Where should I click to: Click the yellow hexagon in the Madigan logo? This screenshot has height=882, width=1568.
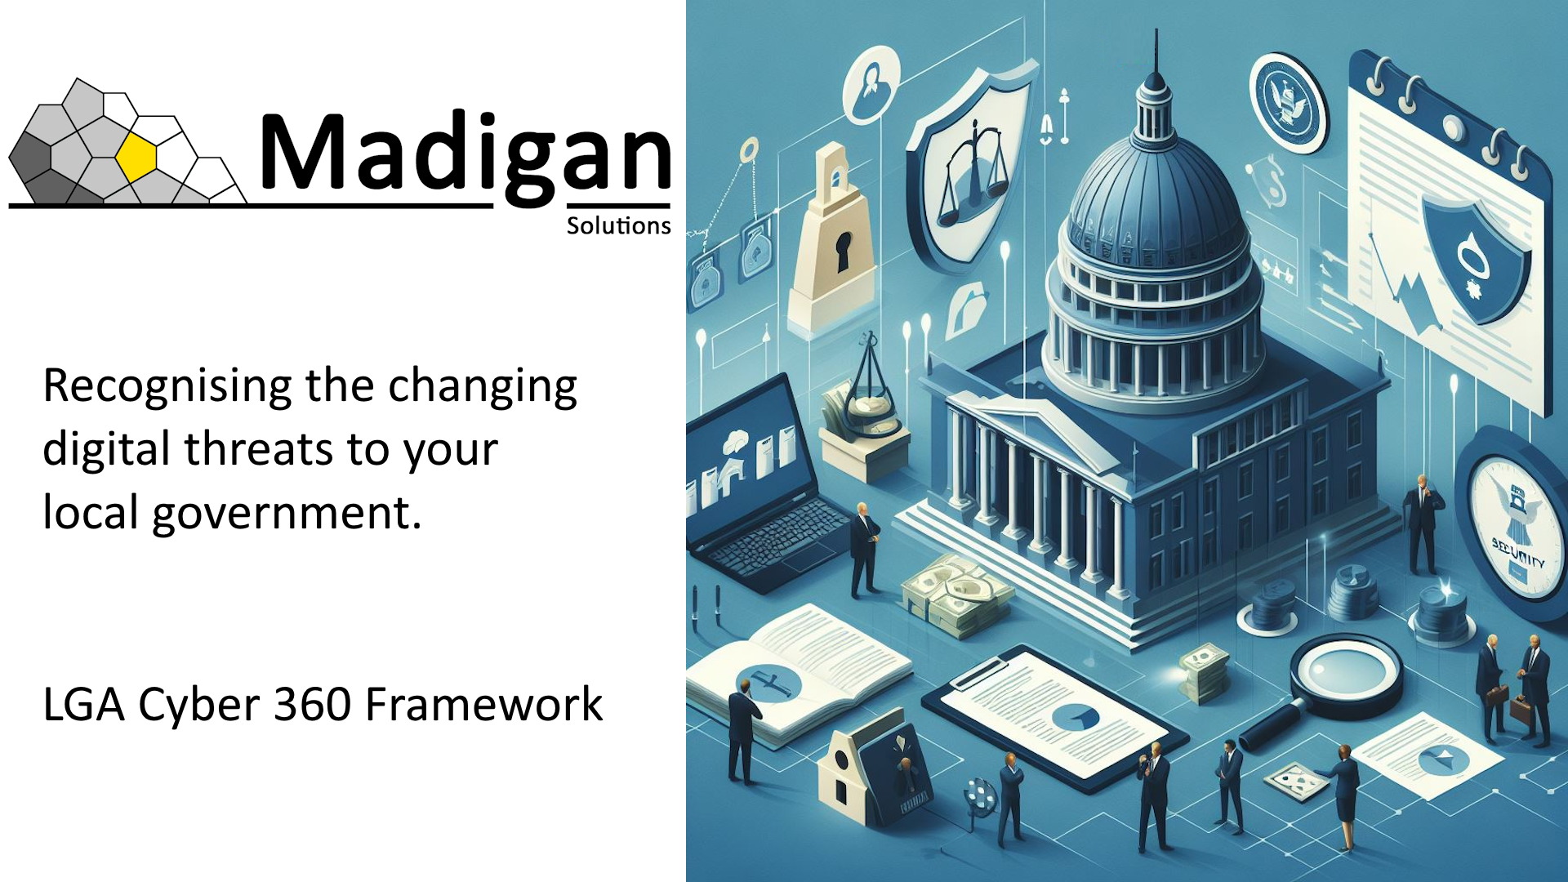pos(136,156)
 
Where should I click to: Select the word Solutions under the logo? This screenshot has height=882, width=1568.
pos(618,225)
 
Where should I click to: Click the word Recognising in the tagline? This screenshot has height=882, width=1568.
pos(167,386)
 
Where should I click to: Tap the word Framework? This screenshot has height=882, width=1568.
pos(483,704)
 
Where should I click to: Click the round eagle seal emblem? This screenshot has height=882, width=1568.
pos(1288,103)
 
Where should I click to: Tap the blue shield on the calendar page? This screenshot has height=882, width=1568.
pos(1475,256)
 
